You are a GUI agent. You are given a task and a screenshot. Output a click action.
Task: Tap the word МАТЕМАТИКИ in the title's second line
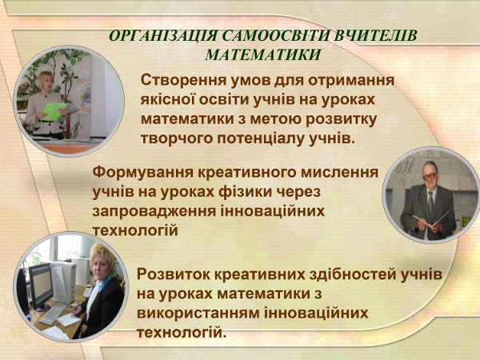pos(263,54)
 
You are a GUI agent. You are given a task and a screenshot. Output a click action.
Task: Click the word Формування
pos(143,172)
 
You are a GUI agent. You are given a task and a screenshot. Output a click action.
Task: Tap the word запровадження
pos(154,212)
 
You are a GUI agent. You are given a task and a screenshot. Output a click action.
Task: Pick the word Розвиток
pos(174,274)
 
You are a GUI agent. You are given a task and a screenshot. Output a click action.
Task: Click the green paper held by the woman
pos(54,111)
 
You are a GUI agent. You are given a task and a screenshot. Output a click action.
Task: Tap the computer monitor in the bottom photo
pos(40,286)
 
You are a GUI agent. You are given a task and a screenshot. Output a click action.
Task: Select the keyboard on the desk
pos(51,314)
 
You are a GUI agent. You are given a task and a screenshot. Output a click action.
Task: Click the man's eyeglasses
pos(430,175)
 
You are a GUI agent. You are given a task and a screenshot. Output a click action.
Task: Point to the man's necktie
pos(430,203)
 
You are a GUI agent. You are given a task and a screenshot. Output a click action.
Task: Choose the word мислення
pos(340,172)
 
